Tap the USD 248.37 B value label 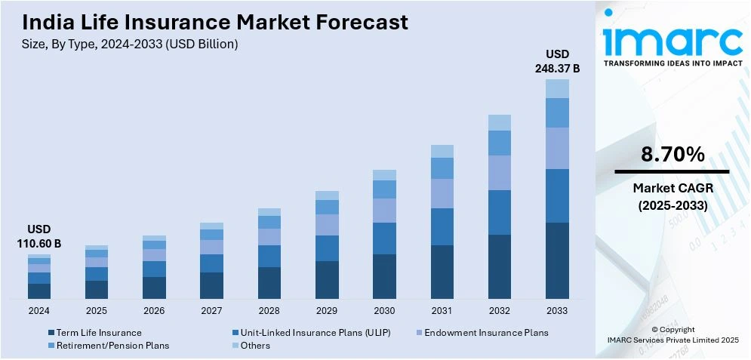click(558, 61)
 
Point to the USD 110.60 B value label click(39, 236)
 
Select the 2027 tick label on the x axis click(211, 310)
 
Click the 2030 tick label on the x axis click(384, 310)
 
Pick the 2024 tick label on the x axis click(39, 310)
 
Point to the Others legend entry click(256, 346)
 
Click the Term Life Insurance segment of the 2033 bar click(557, 260)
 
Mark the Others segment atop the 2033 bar click(557, 89)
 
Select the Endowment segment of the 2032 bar click(500, 173)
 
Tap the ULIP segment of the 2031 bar click(442, 226)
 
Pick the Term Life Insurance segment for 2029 click(327, 279)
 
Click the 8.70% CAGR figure click(673, 155)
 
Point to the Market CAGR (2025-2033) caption click(673, 196)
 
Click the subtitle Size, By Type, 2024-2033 click(131, 44)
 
